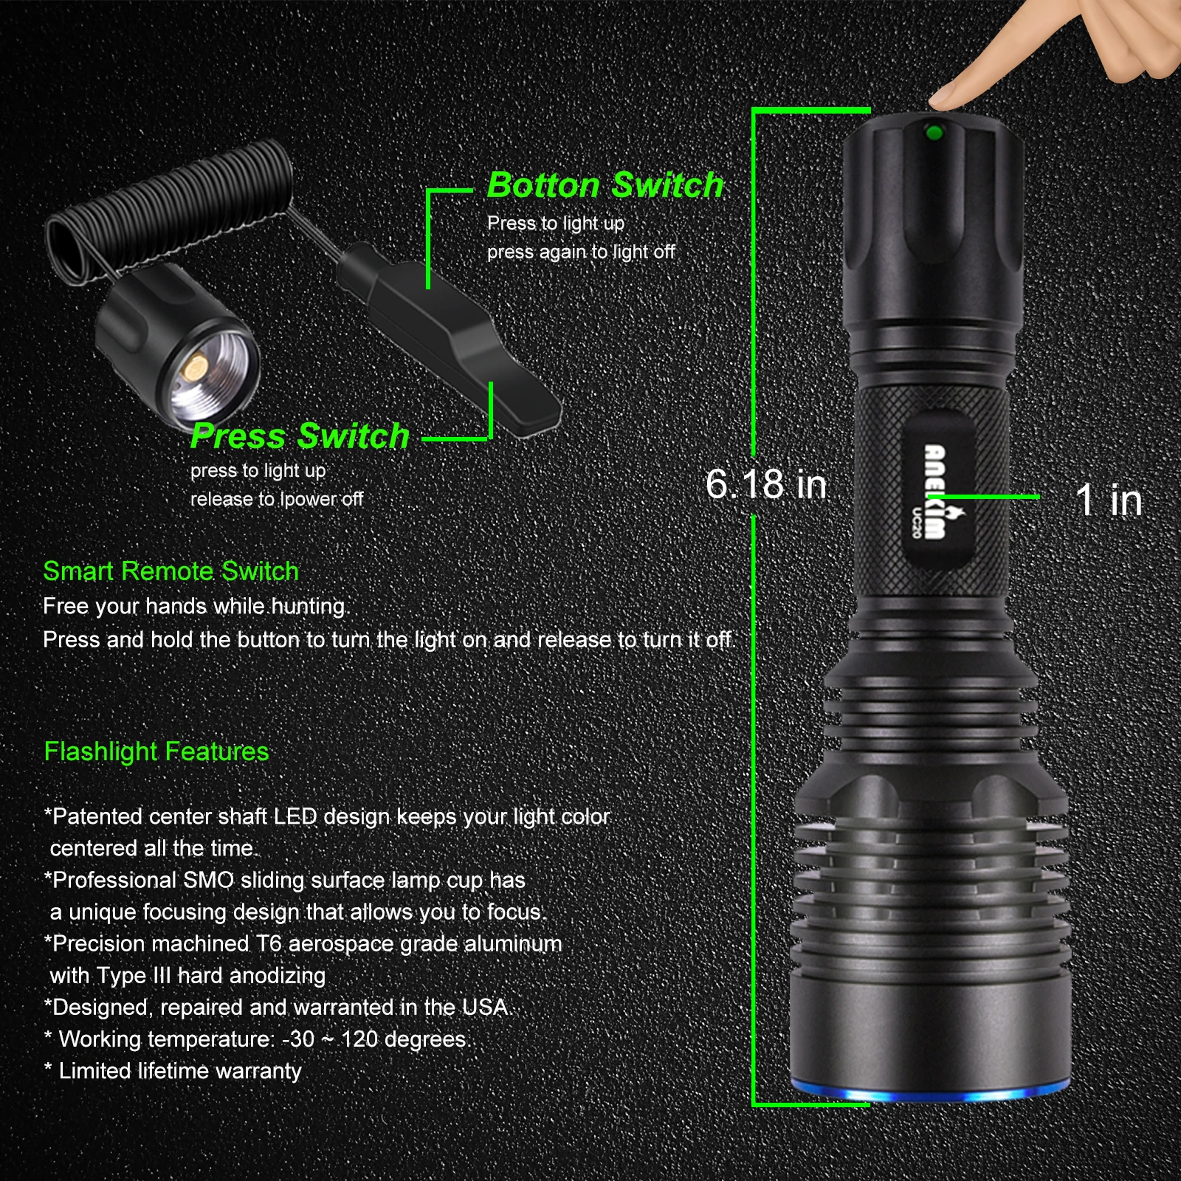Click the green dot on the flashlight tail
point(933,133)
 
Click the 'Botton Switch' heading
point(605,185)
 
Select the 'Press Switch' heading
point(300,436)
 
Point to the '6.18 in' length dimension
point(766,484)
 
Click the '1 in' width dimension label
point(1109,500)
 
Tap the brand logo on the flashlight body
point(935,492)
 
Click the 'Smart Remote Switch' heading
point(171,571)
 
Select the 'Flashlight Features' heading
point(156,751)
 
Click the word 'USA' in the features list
point(484,1007)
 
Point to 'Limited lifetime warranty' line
point(179,1071)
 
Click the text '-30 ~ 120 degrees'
point(375,1039)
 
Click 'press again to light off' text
point(581,252)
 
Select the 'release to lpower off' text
point(277,500)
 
